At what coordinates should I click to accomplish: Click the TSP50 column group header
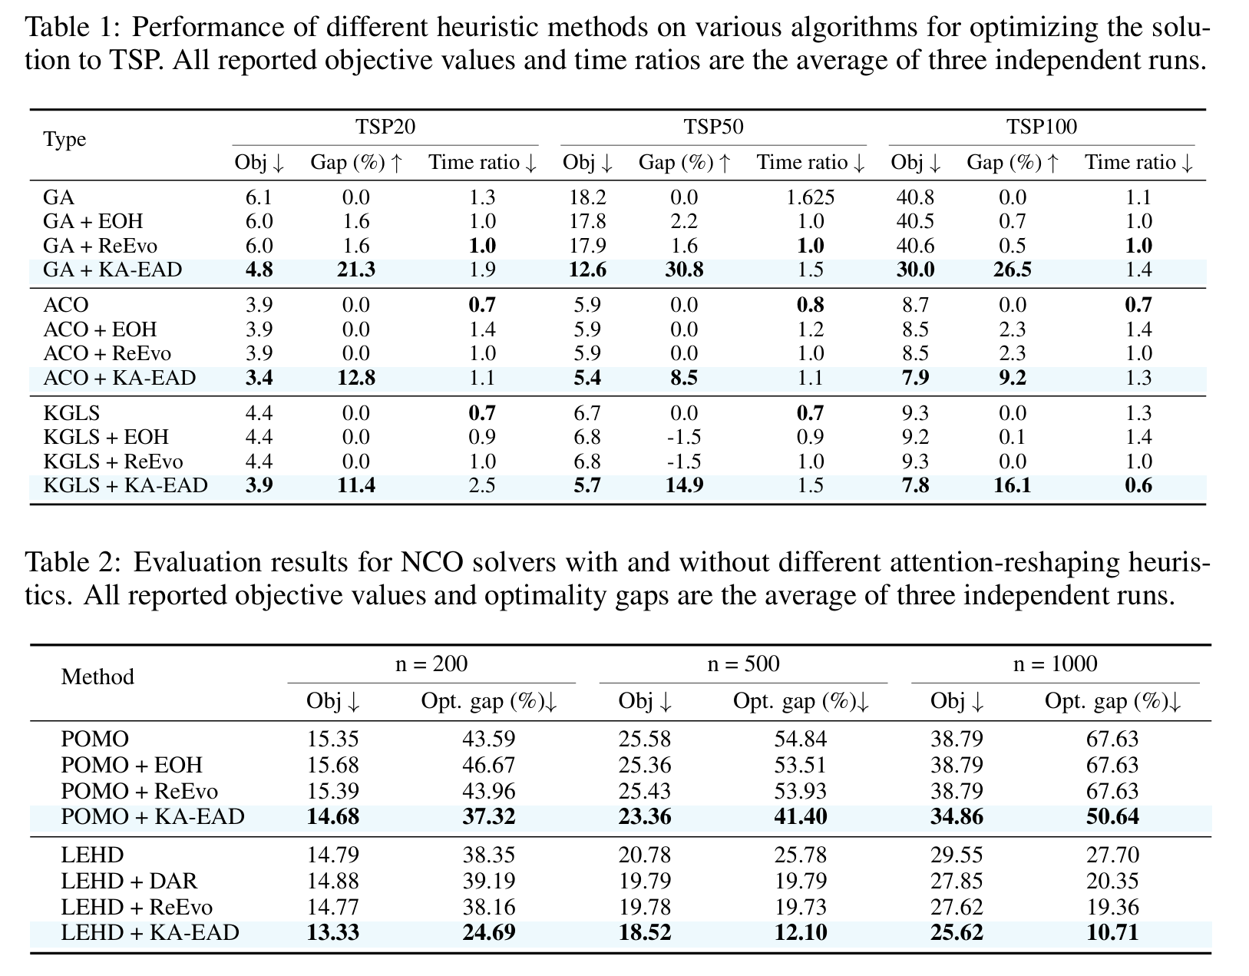(x=713, y=127)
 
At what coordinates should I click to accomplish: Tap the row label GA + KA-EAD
(x=113, y=270)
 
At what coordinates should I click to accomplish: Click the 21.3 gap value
(x=355, y=270)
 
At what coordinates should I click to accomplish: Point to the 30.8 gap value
(x=683, y=270)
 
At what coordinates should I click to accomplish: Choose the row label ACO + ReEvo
(x=107, y=354)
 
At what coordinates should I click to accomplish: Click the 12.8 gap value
(x=355, y=378)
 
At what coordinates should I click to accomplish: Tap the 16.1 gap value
(x=1012, y=485)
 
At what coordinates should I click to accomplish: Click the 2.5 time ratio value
(x=482, y=485)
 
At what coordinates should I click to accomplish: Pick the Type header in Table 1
(x=64, y=140)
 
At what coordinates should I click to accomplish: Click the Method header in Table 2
(x=97, y=677)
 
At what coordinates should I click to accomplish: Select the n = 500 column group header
(x=742, y=663)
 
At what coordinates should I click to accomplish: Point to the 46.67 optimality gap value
(x=488, y=766)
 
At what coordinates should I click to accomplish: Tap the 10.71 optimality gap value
(x=1112, y=933)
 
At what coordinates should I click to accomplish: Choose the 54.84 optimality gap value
(x=800, y=739)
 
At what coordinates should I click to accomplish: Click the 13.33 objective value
(x=332, y=933)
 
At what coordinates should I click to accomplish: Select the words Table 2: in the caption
(x=74, y=563)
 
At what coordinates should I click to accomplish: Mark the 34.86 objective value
(x=957, y=816)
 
